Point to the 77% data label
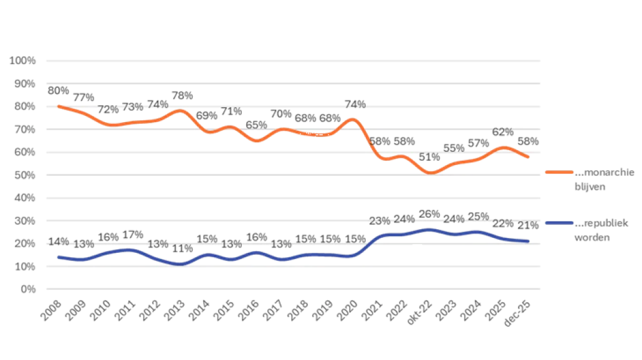coord(84,97)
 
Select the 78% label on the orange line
coord(182,96)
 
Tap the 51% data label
coord(429,157)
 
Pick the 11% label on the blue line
coord(182,249)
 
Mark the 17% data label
coord(133,234)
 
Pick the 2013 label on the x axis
coord(175,306)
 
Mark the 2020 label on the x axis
coord(347,306)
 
